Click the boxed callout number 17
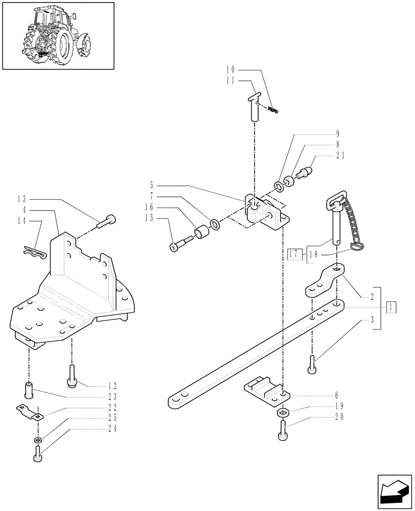coord(293,252)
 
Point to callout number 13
coord(20,199)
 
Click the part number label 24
coord(112,428)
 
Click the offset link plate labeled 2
coord(325,283)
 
